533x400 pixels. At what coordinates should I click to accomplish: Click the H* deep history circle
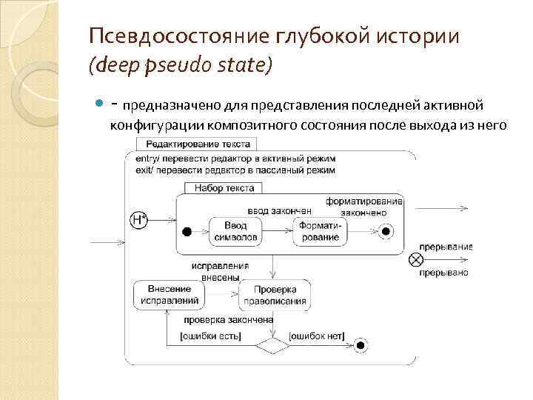tap(138, 219)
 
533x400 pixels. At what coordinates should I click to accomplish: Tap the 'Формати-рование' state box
tap(319, 232)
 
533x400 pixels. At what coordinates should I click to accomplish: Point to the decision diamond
tap(272, 345)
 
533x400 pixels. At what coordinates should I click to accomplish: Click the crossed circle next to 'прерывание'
tap(416, 259)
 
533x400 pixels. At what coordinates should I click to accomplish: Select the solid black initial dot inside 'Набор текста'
tap(187, 232)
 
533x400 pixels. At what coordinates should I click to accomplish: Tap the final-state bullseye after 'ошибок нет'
tap(361, 344)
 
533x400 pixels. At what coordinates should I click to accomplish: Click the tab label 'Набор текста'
tap(224, 188)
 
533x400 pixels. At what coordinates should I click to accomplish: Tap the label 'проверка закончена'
tap(229, 320)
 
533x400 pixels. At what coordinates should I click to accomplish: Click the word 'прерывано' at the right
tap(443, 273)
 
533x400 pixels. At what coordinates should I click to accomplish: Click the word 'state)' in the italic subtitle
tap(246, 67)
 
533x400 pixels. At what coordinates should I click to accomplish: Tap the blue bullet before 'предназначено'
tap(101, 101)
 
